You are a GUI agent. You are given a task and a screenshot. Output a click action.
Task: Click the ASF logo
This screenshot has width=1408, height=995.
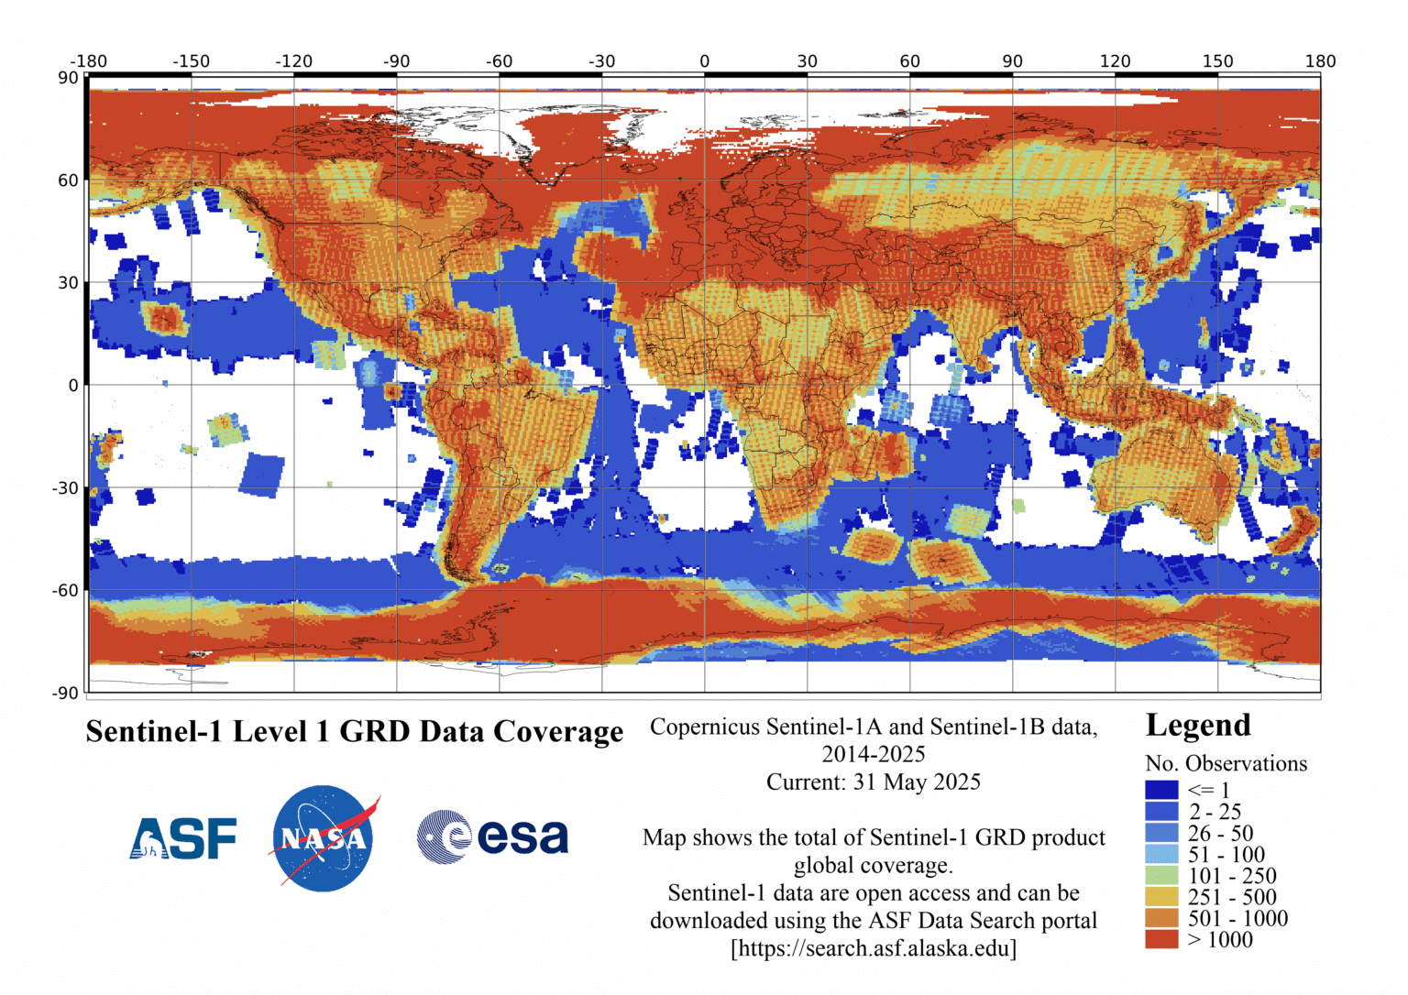tap(183, 837)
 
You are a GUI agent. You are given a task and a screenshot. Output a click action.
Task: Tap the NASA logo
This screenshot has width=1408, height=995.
tap(323, 838)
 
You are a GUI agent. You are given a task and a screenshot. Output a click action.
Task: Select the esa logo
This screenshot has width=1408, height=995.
tap(492, 836)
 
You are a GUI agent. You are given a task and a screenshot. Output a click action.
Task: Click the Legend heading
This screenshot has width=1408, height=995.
tap(1197, 725)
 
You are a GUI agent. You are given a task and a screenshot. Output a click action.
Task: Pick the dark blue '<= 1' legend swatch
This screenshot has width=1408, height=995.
tap(1160, 790)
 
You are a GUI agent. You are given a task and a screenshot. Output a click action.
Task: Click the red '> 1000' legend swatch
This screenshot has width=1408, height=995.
tap(1160, 939)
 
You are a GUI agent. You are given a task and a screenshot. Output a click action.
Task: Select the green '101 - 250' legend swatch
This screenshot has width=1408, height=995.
tap(1160, 876)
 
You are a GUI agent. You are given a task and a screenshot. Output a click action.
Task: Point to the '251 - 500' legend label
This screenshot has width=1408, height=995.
tap(1232, 897)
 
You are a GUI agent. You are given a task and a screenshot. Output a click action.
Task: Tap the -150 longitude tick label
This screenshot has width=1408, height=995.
tap(191, 61)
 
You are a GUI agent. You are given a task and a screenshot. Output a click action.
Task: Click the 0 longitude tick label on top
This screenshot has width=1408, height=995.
tap(704, 61)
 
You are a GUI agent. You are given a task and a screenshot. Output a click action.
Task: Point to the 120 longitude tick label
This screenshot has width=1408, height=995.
tap(1115, 61)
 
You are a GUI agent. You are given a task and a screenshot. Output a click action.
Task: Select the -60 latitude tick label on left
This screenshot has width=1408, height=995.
tap(66, 591)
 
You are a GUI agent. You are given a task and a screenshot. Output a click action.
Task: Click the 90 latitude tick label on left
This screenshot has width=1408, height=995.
tap(69, 78)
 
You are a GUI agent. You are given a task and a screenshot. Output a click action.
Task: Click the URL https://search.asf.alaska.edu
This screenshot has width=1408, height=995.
tap(873, 948)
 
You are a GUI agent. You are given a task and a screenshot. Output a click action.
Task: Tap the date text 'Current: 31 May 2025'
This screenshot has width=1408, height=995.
tap(873, 782)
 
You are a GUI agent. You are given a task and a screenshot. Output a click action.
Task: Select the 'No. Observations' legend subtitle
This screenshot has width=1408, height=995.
tap(1226, 763)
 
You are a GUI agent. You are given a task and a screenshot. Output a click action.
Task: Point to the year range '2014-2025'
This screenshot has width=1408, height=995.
tap(873, 754)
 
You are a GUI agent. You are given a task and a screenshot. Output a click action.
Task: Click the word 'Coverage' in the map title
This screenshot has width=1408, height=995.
tap(558, 731)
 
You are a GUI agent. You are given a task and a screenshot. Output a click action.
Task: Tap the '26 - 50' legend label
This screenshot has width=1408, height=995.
tap(1220, 833)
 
